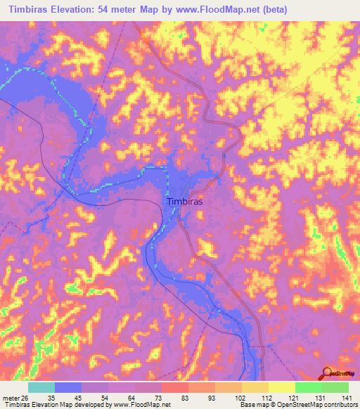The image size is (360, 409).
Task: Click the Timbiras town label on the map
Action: point(186,201)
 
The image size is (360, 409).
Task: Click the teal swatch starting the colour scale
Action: point(41,388)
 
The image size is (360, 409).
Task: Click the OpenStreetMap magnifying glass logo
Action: point(328,373)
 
